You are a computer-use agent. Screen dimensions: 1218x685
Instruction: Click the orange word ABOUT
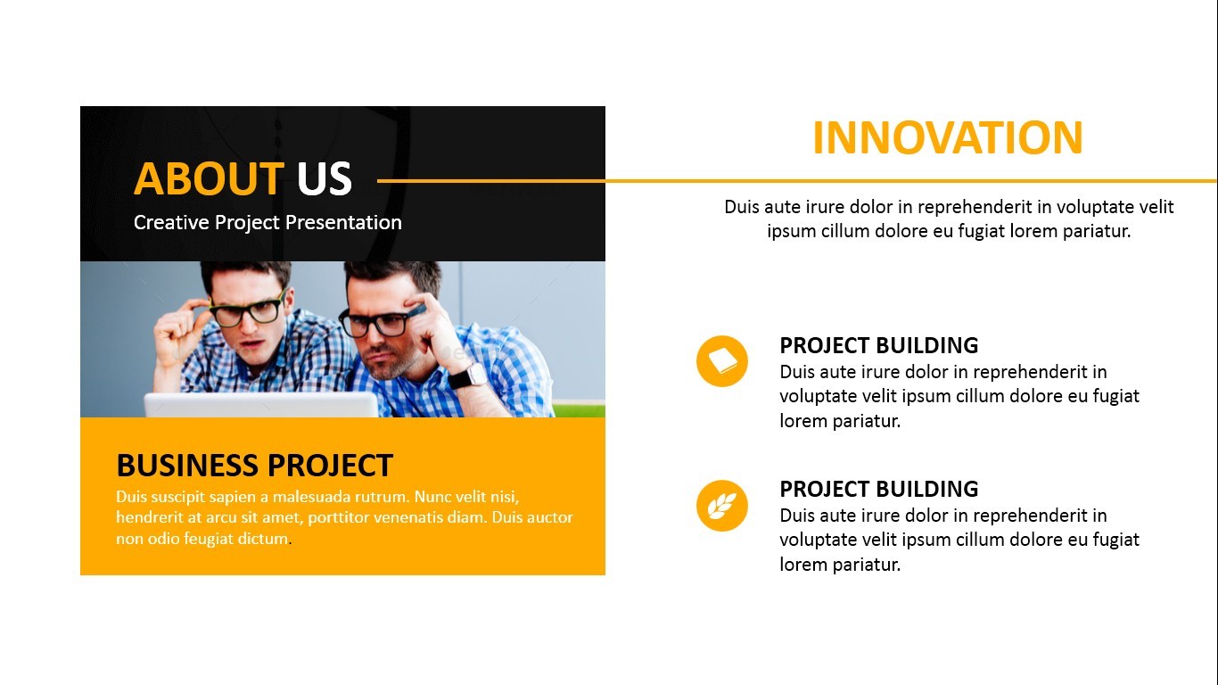[x=209, y=178]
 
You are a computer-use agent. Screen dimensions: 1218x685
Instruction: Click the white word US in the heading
[x=325, y=178]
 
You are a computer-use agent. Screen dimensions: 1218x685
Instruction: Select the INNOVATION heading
[x=948, y=137]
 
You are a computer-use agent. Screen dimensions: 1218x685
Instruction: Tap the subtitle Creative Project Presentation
[x=267, y=222]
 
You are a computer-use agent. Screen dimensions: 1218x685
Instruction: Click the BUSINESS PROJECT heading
[x=254, y=466]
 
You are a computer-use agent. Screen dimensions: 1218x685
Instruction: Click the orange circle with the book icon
[x=722, y=361]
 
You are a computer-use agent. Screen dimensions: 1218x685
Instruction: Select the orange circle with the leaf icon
[x=722, y=506]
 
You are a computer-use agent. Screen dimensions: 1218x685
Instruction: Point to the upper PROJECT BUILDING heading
[x=878, y=345]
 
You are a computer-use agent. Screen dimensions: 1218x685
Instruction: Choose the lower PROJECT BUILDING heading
[x=878, y=489]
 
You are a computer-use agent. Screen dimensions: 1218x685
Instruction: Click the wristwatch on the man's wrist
[x=468, y=376]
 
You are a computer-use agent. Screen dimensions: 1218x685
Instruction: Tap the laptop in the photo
[x=261, y=405]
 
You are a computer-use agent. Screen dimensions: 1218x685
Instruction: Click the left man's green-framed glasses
[x=247, y=310]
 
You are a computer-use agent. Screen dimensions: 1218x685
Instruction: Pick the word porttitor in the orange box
[x=338, y=517]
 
